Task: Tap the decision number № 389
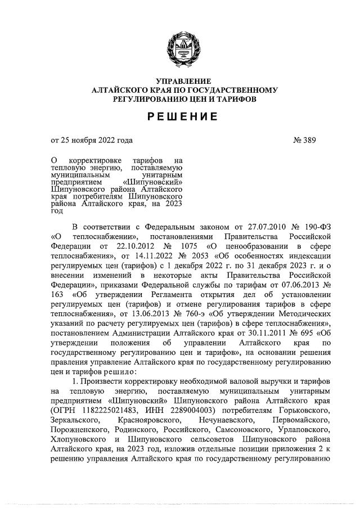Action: coord(308,141)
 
